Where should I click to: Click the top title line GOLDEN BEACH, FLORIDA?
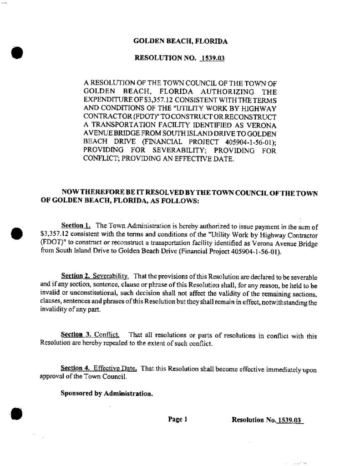coord(180,41)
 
